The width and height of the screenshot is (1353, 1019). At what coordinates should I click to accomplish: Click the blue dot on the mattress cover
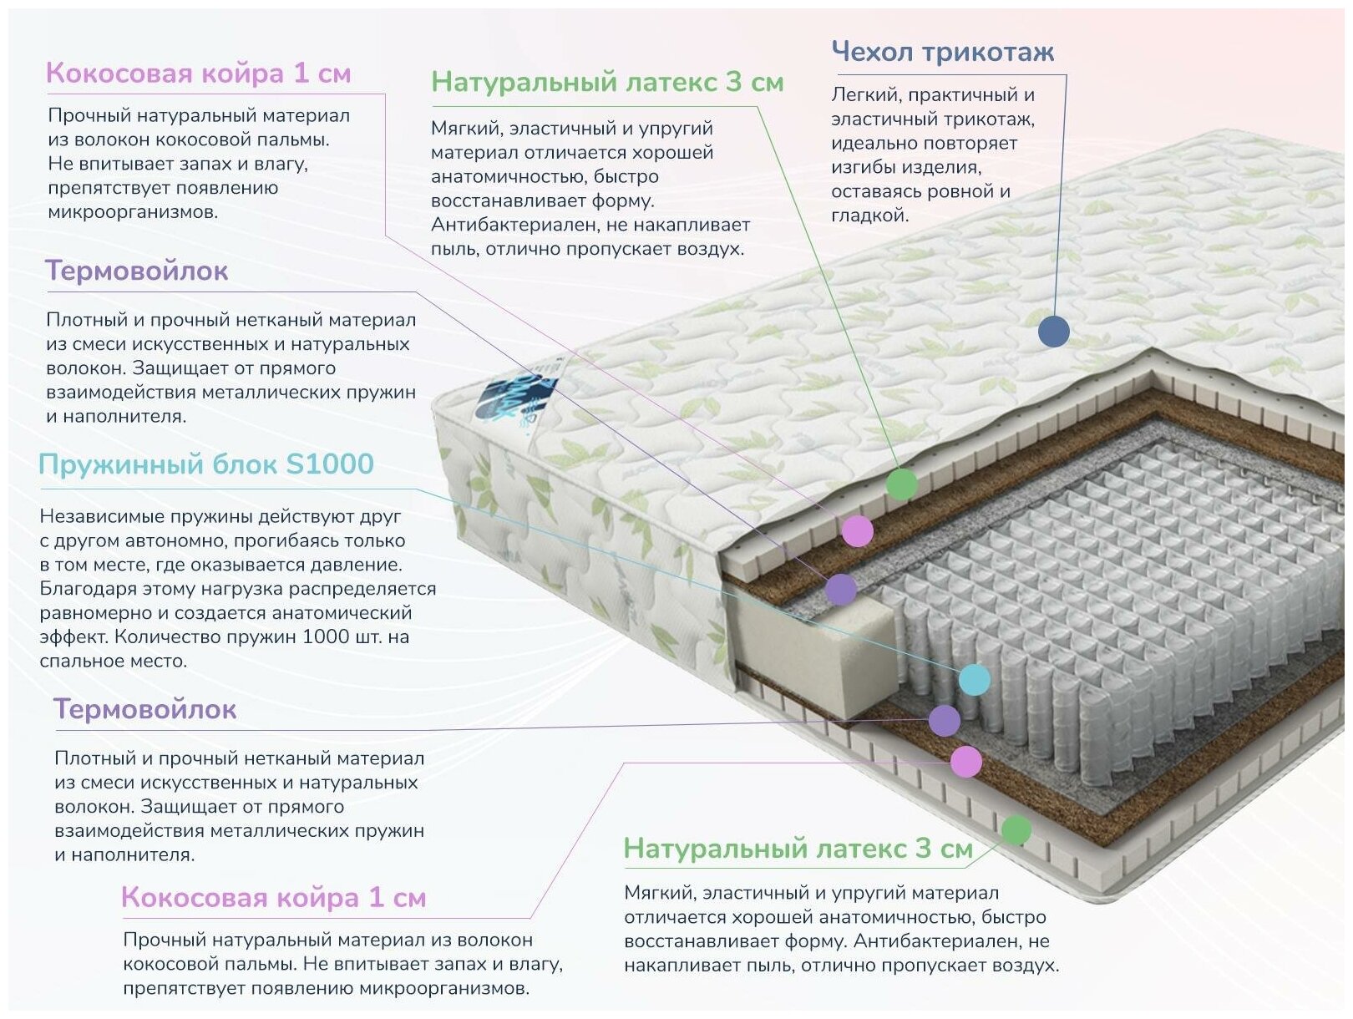pos(1053,332)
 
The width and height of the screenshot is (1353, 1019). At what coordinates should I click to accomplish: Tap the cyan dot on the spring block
pos(974,680)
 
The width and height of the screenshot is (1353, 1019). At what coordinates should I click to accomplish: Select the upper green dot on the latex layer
pos(901,484)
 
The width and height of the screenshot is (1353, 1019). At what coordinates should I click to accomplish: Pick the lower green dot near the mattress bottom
pos(1016,830)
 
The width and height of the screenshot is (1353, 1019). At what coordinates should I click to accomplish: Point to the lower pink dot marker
pos(966,762)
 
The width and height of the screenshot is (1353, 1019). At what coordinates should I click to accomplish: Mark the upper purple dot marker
pos(841,590)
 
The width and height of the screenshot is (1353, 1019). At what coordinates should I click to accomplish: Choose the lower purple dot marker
pos(945,720)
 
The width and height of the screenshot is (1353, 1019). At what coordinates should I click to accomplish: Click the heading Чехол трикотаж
pos(942,52)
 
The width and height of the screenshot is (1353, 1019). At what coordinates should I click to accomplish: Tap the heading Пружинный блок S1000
pos(206,464)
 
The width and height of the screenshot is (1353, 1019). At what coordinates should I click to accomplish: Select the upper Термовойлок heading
pos(136,271)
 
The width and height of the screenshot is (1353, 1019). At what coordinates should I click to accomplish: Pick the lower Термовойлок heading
pos(144,710)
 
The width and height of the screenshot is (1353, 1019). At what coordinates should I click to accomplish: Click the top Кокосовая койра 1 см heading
pos(198,74)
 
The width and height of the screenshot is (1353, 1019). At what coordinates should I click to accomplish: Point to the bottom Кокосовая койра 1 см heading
pos(273,898)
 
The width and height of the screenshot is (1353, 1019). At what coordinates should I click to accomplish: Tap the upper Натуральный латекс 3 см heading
pos(607,83)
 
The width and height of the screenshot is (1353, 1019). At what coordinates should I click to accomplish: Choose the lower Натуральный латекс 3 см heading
pos(798,849)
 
